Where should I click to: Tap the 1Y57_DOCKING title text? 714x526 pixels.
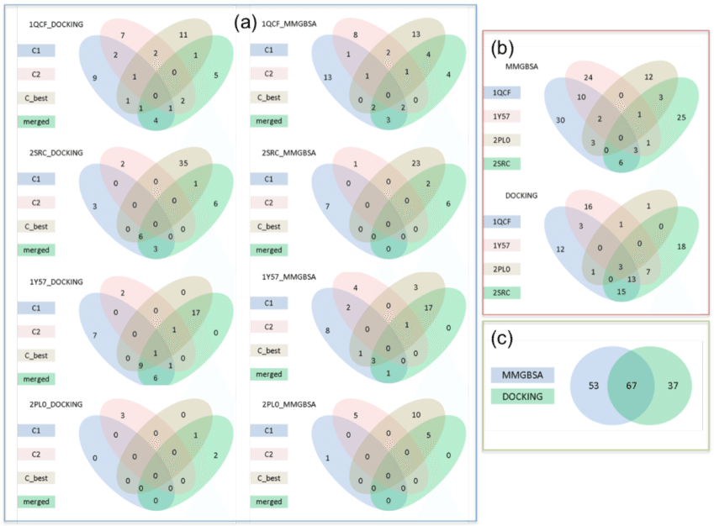[56, 281]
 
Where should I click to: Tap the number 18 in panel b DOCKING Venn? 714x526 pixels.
[682, 245]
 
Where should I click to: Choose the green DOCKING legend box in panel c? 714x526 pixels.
[522, 396]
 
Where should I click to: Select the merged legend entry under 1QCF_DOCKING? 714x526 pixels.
[35, 121]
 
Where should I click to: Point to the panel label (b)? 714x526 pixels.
[502, 49]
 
